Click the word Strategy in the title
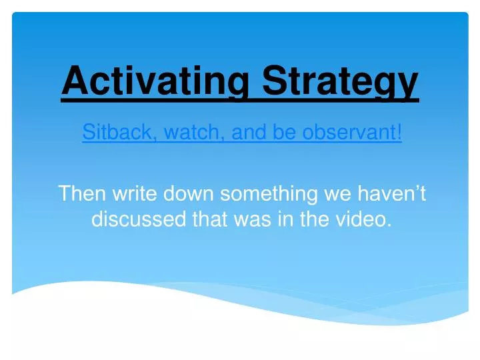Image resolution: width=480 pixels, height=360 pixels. [340, 82]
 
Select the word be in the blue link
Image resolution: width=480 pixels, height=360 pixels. [286, 133]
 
